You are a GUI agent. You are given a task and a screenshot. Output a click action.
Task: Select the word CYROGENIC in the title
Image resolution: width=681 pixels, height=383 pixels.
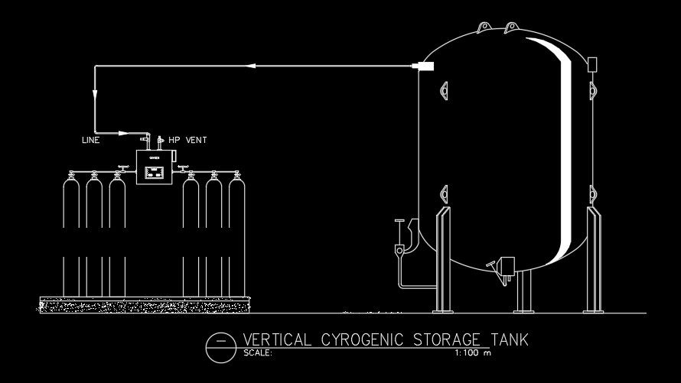point(364,339)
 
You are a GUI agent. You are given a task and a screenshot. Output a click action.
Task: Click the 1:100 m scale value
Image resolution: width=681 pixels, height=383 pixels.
point(471,353)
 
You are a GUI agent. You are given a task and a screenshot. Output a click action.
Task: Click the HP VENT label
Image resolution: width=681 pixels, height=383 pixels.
point(187,141)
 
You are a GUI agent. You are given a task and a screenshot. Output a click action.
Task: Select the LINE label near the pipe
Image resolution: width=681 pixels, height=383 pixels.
point(90,141)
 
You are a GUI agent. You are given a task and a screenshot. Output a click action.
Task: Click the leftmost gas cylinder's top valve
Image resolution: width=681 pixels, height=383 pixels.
point(70,176)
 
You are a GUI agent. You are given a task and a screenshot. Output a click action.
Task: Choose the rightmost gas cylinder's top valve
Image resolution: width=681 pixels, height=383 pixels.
point(236,176)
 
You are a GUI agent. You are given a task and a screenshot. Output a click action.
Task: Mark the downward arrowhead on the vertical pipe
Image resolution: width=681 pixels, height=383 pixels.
point(95,96)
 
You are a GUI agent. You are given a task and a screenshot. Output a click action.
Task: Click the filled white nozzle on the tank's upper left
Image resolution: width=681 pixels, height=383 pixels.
point(424,67)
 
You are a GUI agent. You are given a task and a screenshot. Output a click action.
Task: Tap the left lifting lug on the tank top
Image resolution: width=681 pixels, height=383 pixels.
point(484,28)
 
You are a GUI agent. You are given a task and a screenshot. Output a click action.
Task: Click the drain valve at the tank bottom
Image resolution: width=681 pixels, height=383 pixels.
point(504,266)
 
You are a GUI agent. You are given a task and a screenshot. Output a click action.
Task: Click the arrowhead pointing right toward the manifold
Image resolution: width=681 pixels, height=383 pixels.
point(123,131)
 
